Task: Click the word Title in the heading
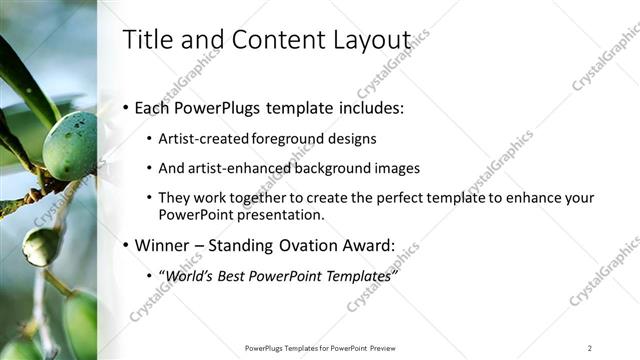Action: (144, 39)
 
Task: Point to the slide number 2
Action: (590, 348)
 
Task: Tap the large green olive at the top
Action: (70, 146)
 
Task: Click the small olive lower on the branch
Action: (41, 246)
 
